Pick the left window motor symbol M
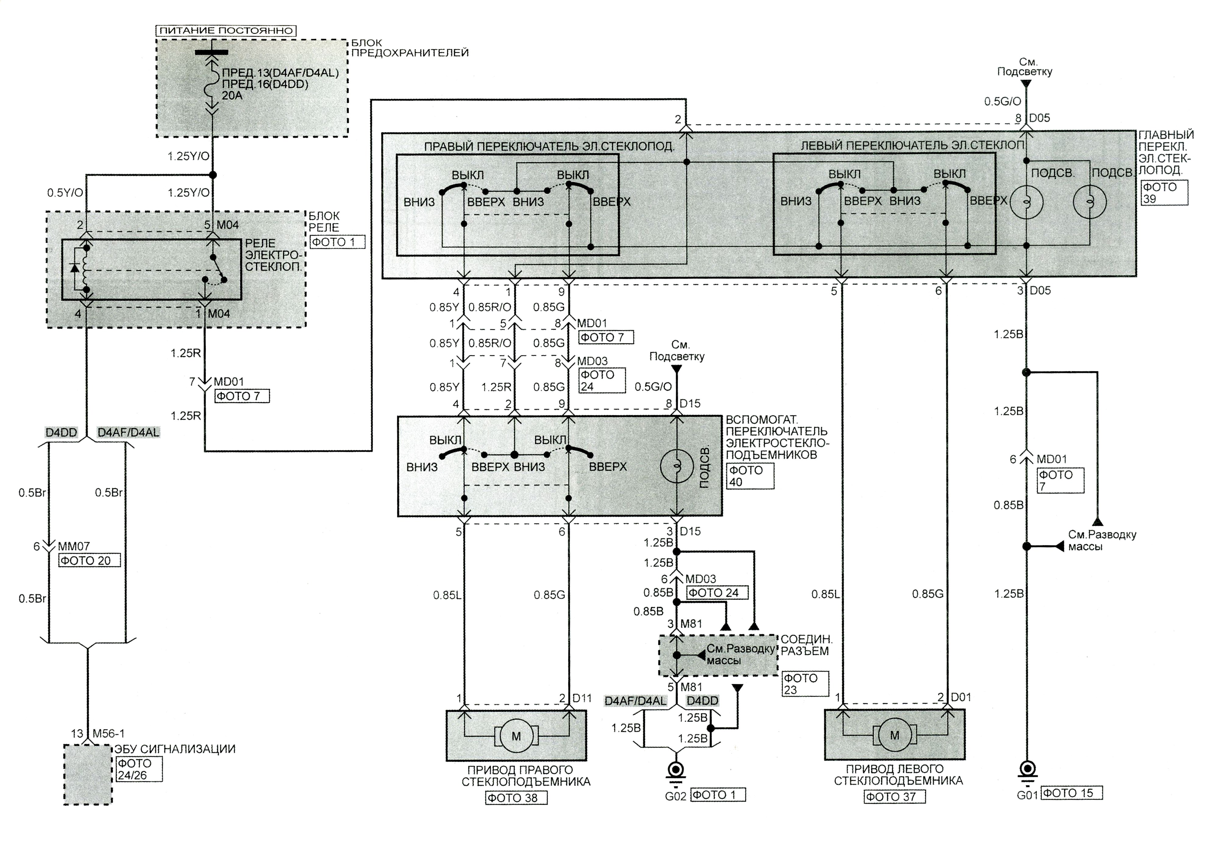click(894, 735)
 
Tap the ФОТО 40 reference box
click(750, 476)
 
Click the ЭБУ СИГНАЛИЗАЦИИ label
click(175, 749)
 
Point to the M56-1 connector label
click(109, 734)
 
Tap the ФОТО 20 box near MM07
click(89, 560)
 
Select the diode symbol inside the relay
click(75, 267)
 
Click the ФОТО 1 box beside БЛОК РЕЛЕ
click(337, 242)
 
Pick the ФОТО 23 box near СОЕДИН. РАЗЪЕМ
click(805, 684)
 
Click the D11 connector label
click(582, 699)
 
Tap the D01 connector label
click(961, 697)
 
